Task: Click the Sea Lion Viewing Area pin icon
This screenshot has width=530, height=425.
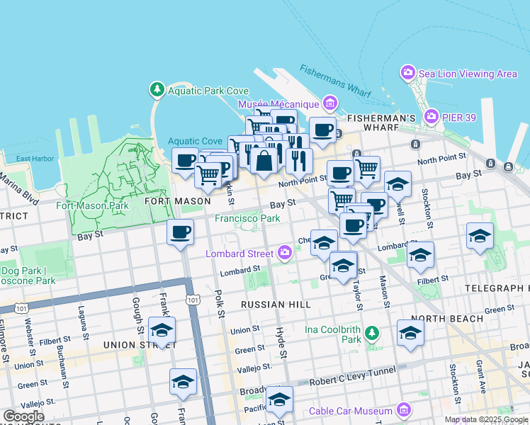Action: tap(407, 73)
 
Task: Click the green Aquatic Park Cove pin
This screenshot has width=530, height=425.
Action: tap(157, 90)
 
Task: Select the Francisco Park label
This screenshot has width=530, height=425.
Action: tap(247, 219)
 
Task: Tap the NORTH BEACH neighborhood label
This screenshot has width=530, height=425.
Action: tap(457, 319)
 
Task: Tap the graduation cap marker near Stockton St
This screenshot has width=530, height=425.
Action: tap(480, 237)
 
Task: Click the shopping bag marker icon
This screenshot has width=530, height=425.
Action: tap(264, 161)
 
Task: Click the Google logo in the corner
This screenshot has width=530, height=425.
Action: tap(23, 416)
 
